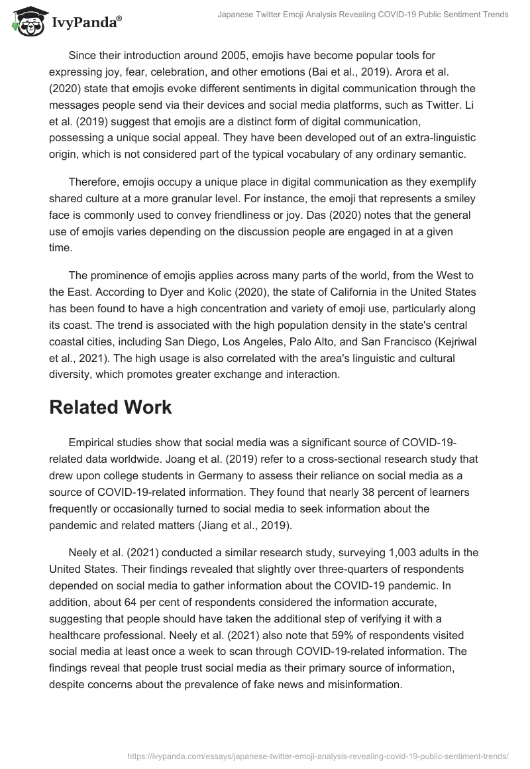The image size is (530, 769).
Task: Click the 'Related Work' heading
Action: [110, 407]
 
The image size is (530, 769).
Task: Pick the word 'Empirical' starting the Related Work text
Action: [92, 442]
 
